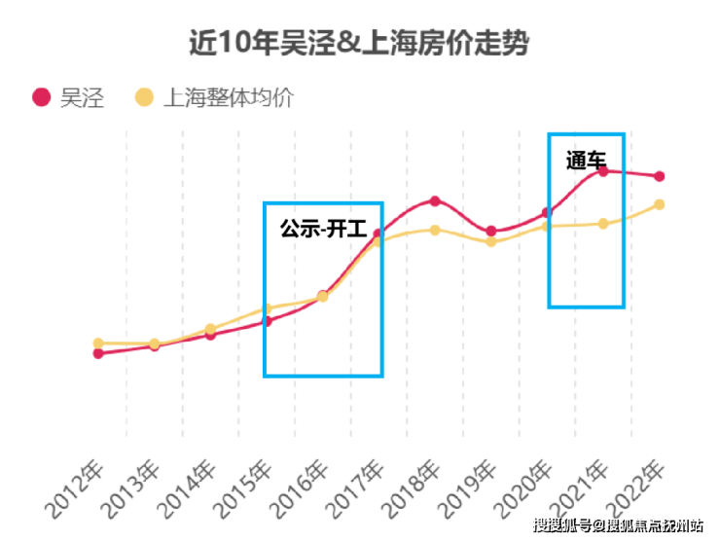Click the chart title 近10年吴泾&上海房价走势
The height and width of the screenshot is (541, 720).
tap(359, 44)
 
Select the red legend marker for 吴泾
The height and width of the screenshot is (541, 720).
tap(41, 97)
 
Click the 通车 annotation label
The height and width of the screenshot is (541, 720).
tap(586, 160)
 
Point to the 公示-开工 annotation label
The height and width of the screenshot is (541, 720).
tap(323, 230)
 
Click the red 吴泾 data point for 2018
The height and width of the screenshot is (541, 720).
tap(435, 201)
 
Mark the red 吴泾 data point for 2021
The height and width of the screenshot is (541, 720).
tap(603, 171)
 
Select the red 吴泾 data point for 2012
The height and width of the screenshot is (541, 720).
tap(98, 353)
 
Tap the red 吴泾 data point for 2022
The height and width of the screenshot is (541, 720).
tap(659, 176)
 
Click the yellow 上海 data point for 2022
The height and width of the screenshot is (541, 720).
tap(659, 204)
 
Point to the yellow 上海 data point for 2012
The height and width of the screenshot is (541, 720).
tap(98, 343)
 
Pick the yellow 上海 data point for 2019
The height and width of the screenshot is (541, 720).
tap(491, 241)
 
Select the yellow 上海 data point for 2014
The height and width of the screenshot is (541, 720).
tap(210, 329)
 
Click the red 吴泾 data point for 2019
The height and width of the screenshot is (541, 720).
tap(491, 231)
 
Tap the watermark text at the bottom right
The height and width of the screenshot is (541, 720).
tap(623, 526)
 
